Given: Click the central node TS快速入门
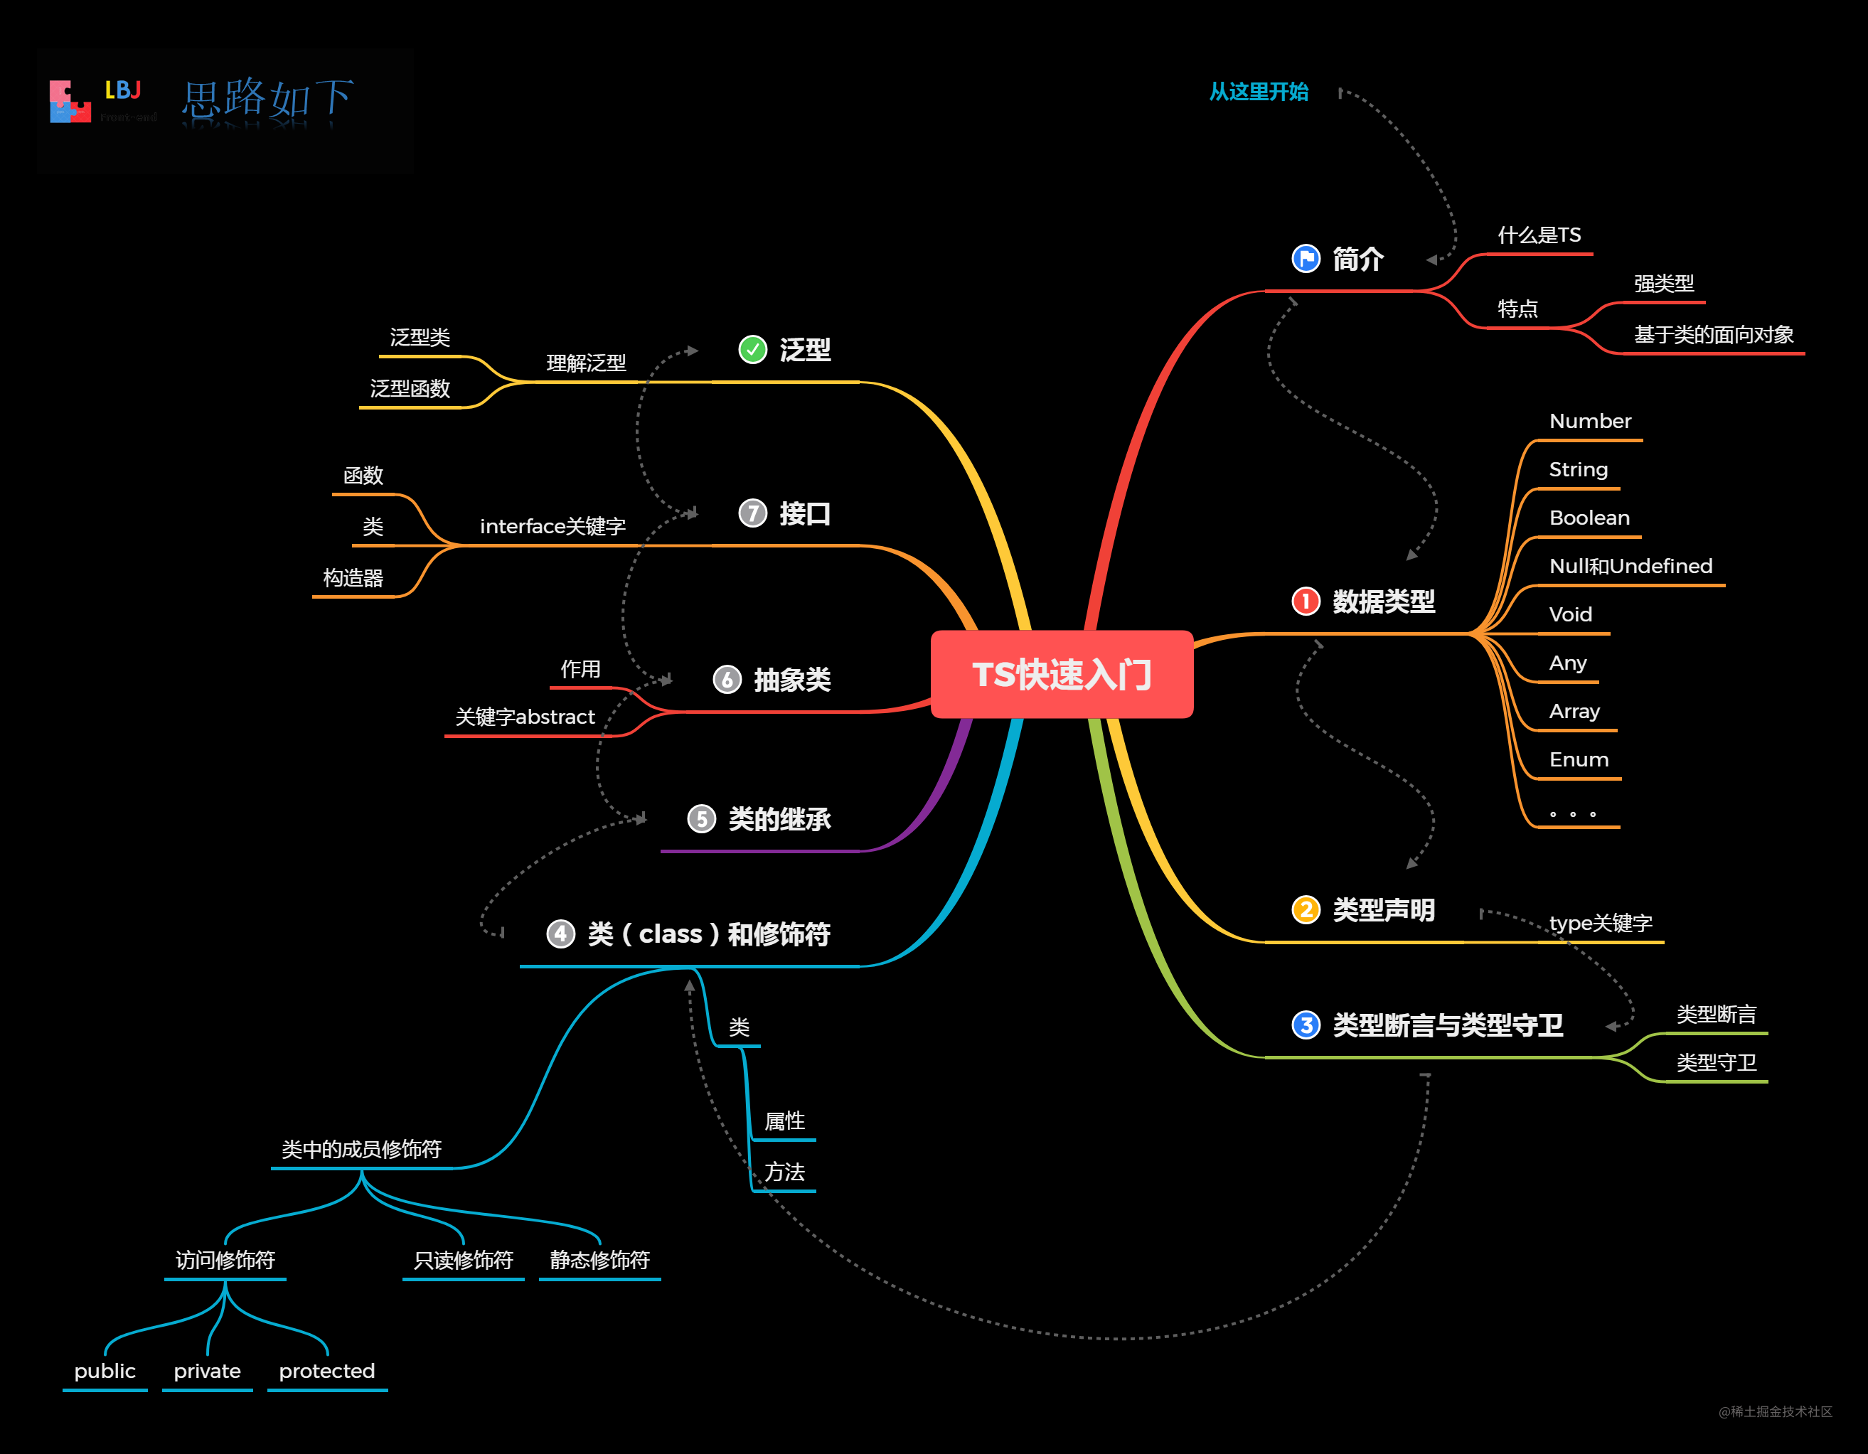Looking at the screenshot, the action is pyautogui.click(x=1062, y=674).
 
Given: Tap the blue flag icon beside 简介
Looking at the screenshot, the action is pyautogui.click(x=1306, y=258).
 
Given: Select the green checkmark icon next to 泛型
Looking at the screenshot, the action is pyautogui.click(x=752, y=349).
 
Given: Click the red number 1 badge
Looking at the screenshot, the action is pyautogui.click(x=1306, y=602).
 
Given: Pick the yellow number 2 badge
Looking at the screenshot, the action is pyautogui.click(x=1306, y=909).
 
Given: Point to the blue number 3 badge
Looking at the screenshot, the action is pyautogui.click(x=1306, y=1024).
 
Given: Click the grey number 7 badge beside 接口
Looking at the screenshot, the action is pyautogui.click(x=752, y=513).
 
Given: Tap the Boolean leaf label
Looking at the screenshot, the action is pyautogui.click(x=1589, y=518).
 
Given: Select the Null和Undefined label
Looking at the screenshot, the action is pyautogui.click(x=1631, y=566).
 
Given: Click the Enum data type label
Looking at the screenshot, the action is pyautogui.click(x=1579, y=759).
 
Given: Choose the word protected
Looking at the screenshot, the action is pyautogui.click(x=326, y=1371).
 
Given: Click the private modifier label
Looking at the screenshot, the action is pyautogui.click(x=207, y=1371).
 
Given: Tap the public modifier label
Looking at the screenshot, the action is pyautogui.click(x=105, y=1371).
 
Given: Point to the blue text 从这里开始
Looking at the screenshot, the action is pyautogui.click(x=1258, y=92).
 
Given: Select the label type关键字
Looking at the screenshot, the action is pyautogui.click(x=1601, y=923).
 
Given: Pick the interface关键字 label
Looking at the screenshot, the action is pyautogui.click(x=553, y=526).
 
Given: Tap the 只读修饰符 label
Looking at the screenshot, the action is pyautogui.click(x=463, y=1260).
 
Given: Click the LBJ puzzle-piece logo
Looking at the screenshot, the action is pyautogui.click(x=70, y=102).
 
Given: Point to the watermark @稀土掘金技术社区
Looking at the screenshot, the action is pyautogui.click(x=1776, y=1411).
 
